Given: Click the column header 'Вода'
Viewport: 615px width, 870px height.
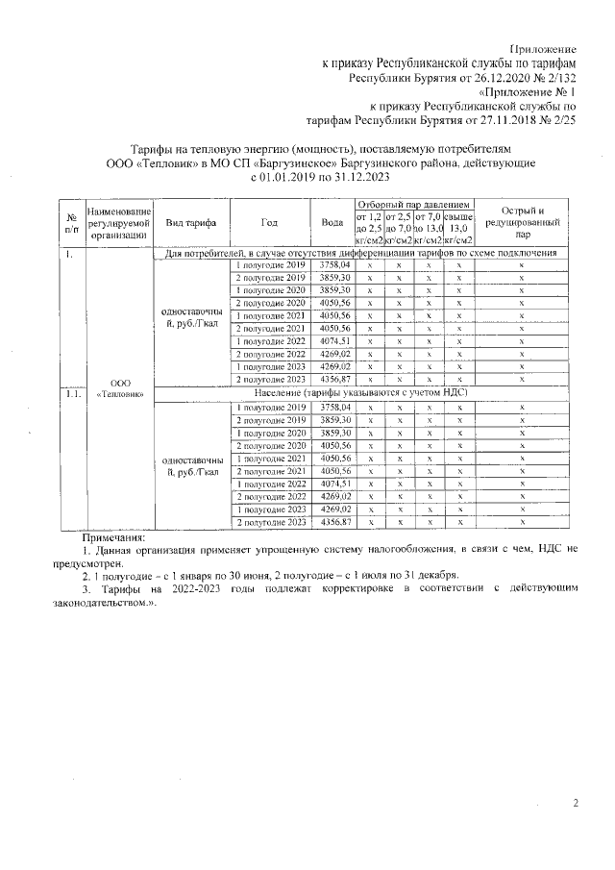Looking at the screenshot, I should [x=332, y=222].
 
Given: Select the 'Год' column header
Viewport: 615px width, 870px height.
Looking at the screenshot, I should [x=270, y=222].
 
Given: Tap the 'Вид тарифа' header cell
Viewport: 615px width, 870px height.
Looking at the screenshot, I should [x=190, y=222].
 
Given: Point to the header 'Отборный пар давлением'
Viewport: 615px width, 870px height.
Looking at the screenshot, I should [x=414, y=205].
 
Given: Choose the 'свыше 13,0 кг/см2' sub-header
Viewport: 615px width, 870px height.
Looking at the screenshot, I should [x=459, y=229].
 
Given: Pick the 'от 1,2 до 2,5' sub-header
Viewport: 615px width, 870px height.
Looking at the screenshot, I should [x=369, y=229].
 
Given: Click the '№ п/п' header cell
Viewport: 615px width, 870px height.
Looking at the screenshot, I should [x=71, y=222].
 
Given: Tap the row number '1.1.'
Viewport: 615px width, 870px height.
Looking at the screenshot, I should [x=71, y=394].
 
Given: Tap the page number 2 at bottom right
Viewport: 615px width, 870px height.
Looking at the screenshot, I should [x=576, y=803].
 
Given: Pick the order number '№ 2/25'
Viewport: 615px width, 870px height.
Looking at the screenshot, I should [x=556, y=123].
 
